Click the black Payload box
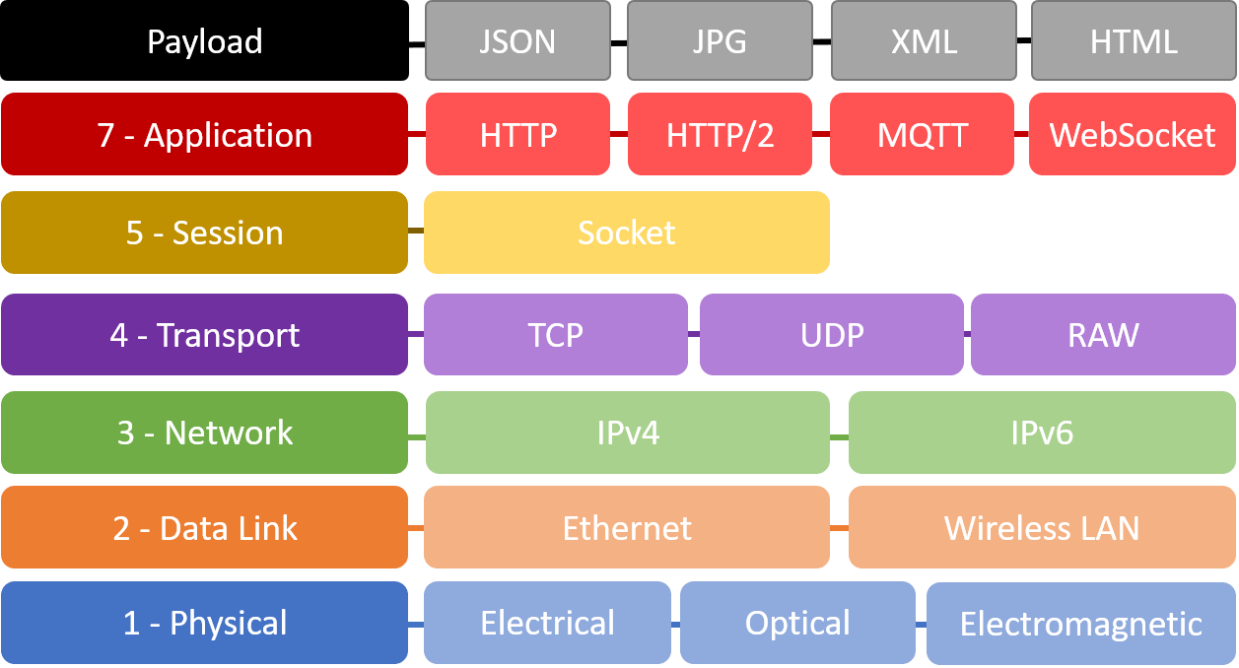coord(205,40)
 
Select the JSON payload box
coord(517,40)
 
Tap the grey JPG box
coord(720,40)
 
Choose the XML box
coord(924,40)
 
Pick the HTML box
coord(1134,40)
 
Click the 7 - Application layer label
coord(205,134)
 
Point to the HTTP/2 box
coord(720,134)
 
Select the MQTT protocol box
coord(922,134)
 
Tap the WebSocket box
coord(1133,134)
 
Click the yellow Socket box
coord(627,233)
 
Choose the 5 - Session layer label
coord(205,233)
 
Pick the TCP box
coord(556,335)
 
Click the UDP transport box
coord(832,335)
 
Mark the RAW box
coord(1104,335)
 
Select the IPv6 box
coord(1042,433)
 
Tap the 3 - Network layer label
coord(205,433)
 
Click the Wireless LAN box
coord(1042,527)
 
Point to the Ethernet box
coord(627,527)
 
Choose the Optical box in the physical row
coord(797,623)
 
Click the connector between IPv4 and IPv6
coord(839,437)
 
